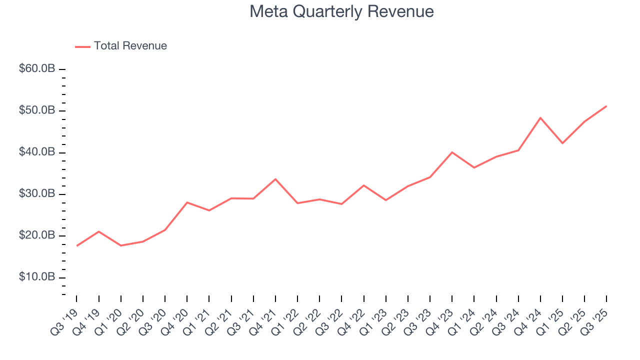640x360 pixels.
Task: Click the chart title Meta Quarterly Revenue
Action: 341,11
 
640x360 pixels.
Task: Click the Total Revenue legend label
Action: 130,46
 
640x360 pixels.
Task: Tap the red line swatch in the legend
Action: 82,46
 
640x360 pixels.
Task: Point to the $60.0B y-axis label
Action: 37,68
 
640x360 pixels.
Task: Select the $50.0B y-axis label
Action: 37,110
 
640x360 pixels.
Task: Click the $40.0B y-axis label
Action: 37,152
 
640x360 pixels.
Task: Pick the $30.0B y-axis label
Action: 37,193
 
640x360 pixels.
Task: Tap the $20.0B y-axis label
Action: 37,235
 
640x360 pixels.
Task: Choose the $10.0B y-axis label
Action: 37,277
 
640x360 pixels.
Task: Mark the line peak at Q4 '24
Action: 540,117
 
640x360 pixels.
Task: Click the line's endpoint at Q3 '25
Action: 606,106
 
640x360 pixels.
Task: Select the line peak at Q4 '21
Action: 275,179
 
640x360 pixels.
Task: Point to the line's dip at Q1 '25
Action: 562,143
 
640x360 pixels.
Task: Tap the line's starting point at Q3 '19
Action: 76,245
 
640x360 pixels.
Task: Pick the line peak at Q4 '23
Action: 452,152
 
